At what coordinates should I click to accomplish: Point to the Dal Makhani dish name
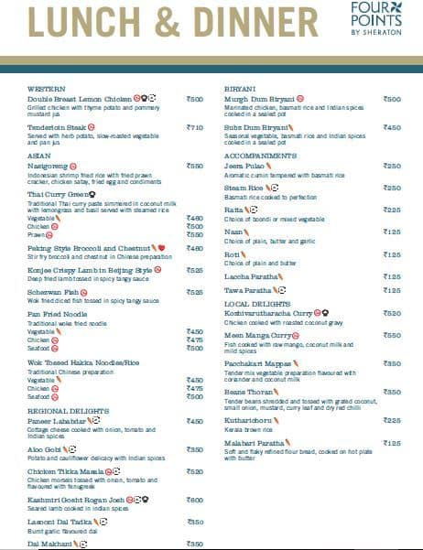click(49, 544)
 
